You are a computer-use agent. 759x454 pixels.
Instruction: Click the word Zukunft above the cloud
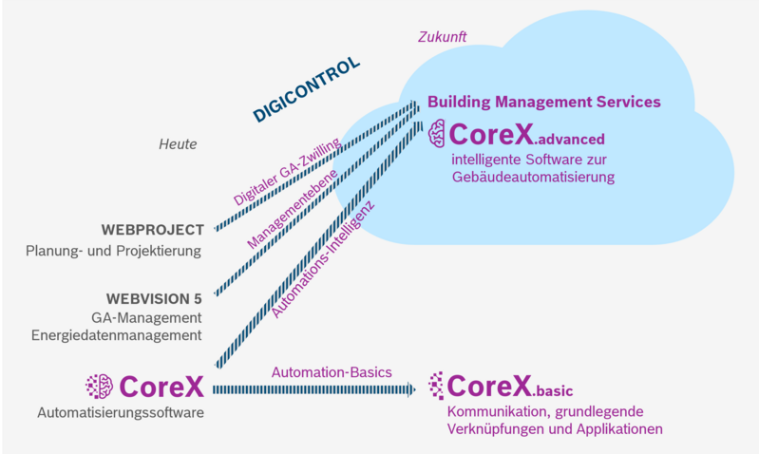click(x=442, y=37)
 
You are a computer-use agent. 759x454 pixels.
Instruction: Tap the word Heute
click(x=178, y=144)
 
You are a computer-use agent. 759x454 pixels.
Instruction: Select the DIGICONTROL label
click(x=306, y=90)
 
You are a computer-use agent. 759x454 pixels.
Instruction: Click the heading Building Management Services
click(x=543, y=102)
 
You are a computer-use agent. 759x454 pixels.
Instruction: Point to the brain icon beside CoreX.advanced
click(x=437, y=132)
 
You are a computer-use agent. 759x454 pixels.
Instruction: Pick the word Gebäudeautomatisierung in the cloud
click(x=533, y=177)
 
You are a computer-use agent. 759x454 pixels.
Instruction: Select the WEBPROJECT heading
click(x=152, y=231)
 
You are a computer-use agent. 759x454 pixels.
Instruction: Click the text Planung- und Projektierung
click(x=114, y=252)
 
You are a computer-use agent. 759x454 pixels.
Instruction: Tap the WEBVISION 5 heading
click(x=153, y=298)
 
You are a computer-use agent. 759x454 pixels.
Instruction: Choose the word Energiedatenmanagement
click(x=116, y=334)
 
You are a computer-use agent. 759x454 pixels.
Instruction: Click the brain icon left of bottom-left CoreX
click(x=99, y=386)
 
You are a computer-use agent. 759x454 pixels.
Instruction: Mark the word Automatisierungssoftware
click(x=121, y=412)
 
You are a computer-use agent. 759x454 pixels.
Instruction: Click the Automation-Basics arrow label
click(x=332, y=371)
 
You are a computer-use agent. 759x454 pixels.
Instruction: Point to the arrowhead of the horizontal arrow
click(x=410, y=389)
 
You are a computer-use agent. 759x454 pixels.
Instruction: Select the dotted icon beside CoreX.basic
click(x=435, y=385)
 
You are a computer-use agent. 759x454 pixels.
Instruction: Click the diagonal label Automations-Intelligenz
click(x=325, y=258)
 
